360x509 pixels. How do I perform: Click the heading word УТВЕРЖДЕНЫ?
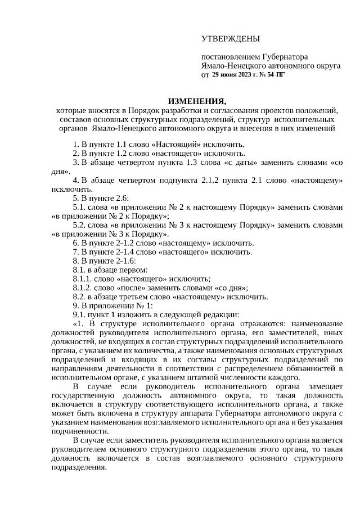click(230, 39)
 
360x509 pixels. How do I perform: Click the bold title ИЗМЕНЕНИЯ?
click(196, 101)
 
